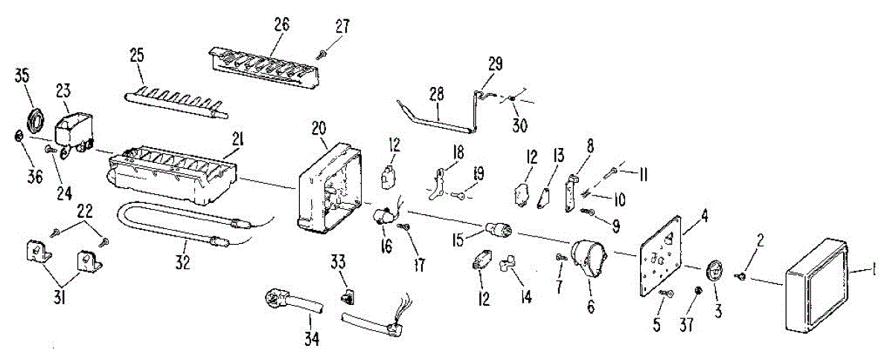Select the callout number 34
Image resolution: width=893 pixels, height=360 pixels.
pos(310,339)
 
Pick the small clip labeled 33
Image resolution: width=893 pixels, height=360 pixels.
pos(345,298)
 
